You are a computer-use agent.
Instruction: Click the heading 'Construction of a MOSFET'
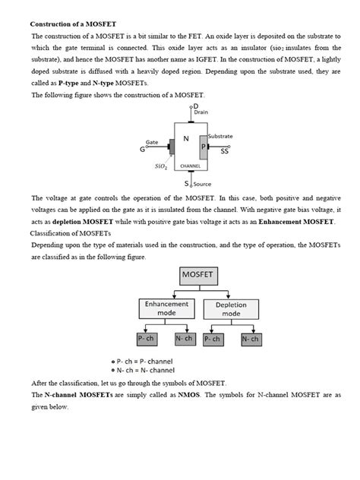tap(73, 25)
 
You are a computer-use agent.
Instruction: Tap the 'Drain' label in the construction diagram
tap(201, 112)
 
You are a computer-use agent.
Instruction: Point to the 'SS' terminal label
tap(225, 151)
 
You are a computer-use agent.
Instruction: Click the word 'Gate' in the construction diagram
tap(152, 142)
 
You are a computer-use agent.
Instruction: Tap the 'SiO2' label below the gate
tap(161, 166)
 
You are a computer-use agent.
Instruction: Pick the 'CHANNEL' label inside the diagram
tap(189, 165)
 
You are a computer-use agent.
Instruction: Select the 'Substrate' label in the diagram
tap(220, 136)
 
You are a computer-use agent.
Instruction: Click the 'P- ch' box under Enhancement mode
tap(147, 339)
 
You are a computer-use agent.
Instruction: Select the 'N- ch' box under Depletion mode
tap(250, 339)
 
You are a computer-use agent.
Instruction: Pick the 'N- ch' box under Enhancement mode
tap(183, 339)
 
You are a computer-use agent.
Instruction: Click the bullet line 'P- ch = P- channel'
tap(147, 362)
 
